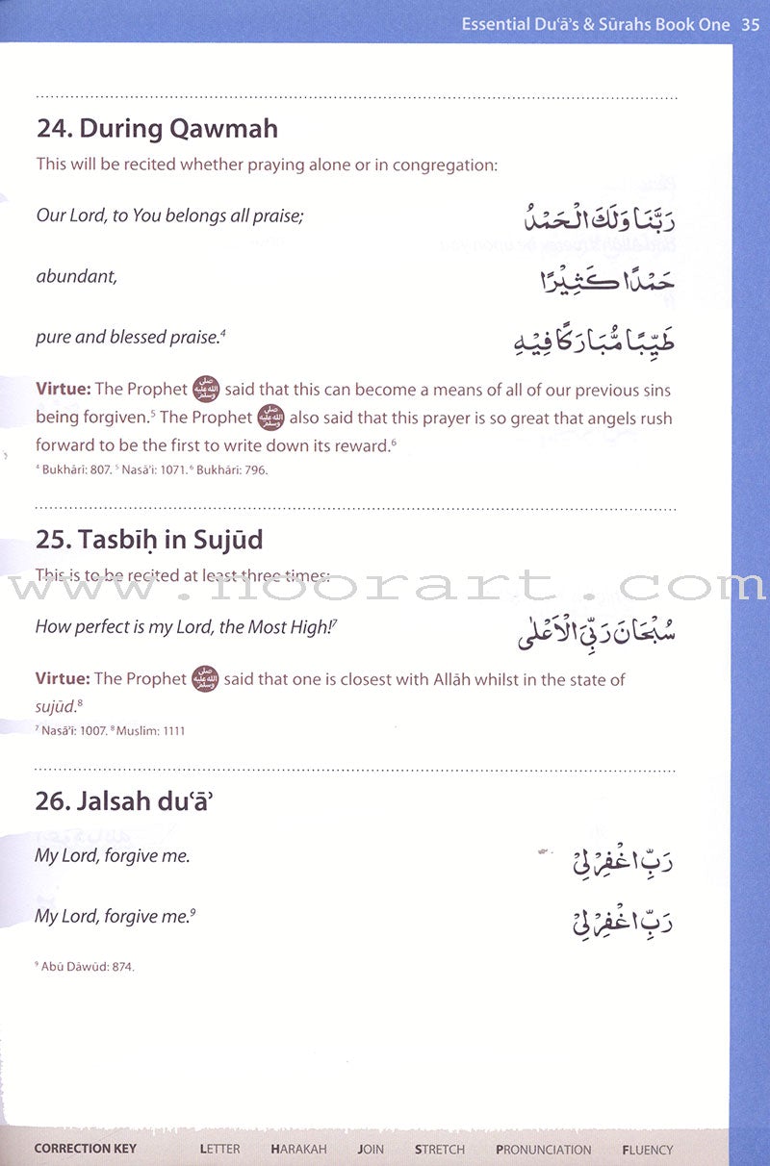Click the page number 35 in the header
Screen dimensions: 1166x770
pos(752,25)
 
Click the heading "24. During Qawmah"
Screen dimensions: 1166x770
pos(156,128)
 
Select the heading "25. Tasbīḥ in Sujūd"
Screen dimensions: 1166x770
pos(149,540)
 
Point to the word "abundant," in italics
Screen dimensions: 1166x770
pos(76,277)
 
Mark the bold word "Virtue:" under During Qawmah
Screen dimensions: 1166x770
pos(64,390)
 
